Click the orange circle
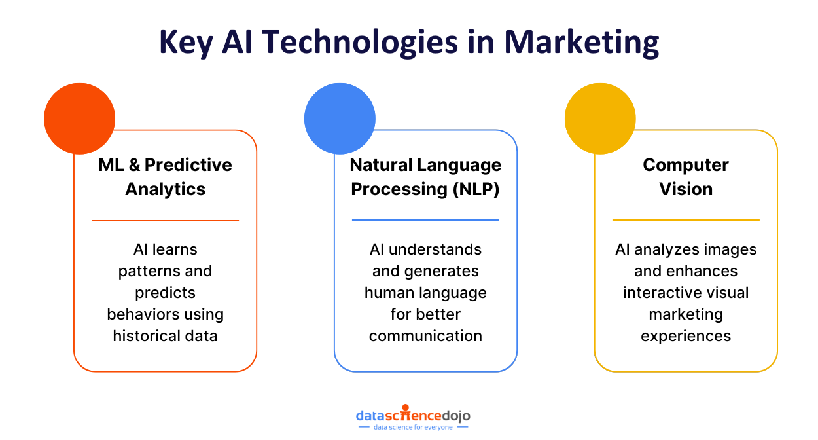coord(80,119)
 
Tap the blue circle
coord(340,119)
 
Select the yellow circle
coord(600,119)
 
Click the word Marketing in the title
coord(581,42)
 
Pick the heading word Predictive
coord(188,164)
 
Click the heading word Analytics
coord(166,189)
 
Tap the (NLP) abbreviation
coord(473,189)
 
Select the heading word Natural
coord(383,164)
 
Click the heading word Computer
coord(686,164)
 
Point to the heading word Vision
coord(686,189)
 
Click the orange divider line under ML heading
coord(165,221)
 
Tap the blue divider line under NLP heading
coord(425,220)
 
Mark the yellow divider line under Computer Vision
coord(686,220)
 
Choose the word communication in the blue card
coord(425,336)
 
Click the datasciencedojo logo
coord(413,414)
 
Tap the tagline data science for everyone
coord(413,427)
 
